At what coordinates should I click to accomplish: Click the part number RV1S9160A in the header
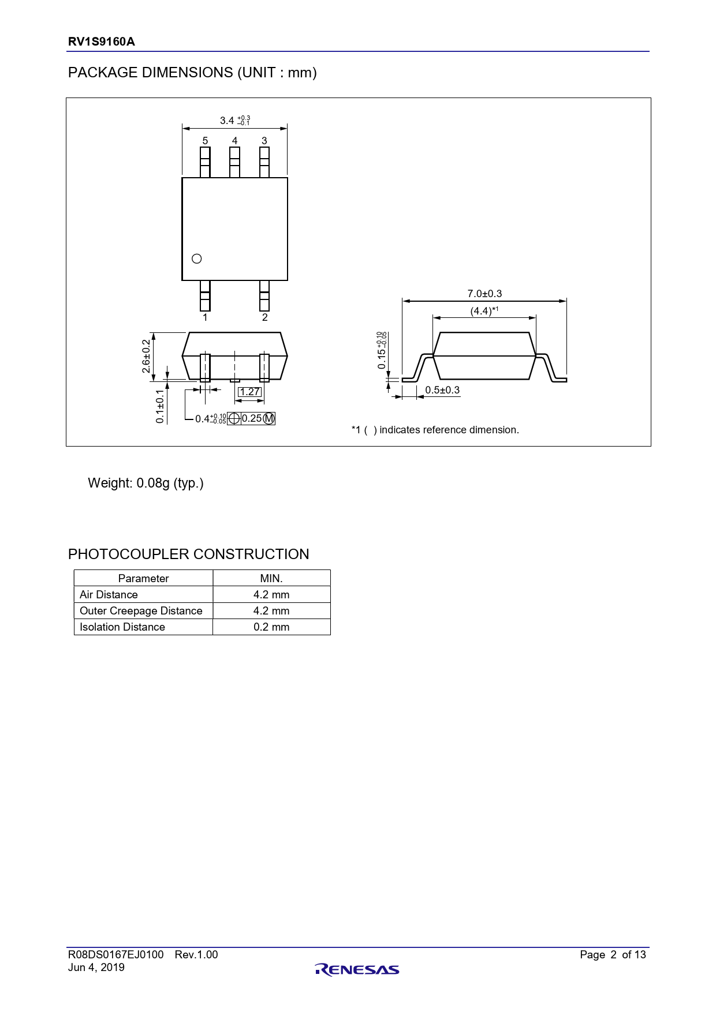pos(102,42)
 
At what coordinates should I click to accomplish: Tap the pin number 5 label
pos(205,141)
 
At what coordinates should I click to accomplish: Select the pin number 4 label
pos(234,141)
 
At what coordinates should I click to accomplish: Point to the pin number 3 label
pos(264,141)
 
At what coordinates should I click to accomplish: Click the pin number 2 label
pos(265,317)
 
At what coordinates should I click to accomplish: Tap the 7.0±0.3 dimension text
pos(484,294)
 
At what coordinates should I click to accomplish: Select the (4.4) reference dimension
pos(484,311)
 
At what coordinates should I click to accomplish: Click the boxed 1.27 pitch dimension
pos(250,392)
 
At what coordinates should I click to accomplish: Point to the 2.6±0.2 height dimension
pos(147,356)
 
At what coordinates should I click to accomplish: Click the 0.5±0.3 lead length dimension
pos(442,390)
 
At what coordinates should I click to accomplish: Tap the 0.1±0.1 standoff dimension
pos(160,406)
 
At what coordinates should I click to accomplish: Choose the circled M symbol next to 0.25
pos(269,419)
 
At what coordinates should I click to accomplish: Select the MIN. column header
pos(271,579)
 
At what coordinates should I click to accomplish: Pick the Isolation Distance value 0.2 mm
pos(271,627)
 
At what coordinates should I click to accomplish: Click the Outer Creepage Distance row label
pos(141,611)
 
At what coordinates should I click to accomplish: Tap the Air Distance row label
pos(109,595)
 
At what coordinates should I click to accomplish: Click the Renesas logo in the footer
pos(357,970)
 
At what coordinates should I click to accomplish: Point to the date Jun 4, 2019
pos(96,968)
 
